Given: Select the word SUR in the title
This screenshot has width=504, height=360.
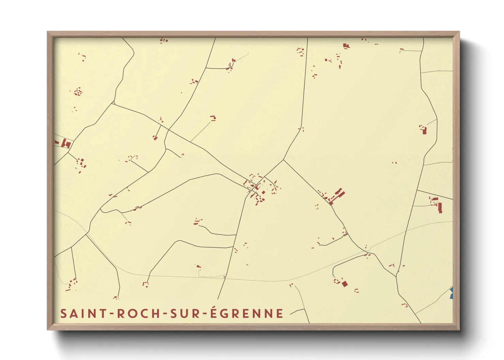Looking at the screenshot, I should [186, 313].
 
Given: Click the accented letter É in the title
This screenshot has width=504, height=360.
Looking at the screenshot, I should [214, 313].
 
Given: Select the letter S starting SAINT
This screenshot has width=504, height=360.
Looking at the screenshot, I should [63, 313].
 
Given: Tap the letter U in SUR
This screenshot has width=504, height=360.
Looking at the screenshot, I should [186, 313].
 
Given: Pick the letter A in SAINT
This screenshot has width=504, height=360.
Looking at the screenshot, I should [73, 313].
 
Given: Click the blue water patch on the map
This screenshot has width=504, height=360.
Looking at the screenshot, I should [451, 293].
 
